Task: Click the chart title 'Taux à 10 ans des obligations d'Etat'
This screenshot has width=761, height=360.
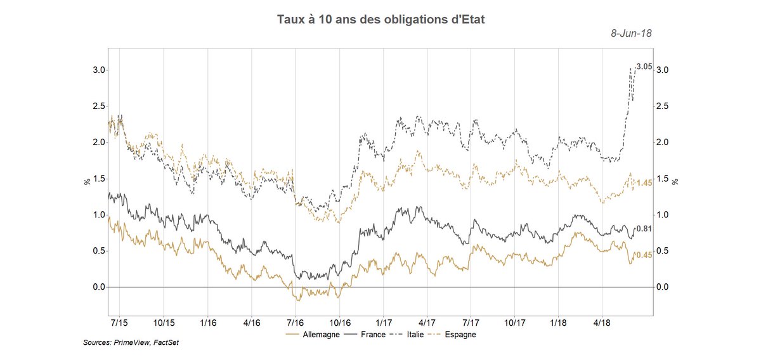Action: pyautogui.click(x=381, y=20)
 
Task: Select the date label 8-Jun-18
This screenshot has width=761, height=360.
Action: pyautogui.click(x=631, y=34)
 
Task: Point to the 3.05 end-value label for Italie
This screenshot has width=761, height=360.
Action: pyautogui.click(x=644, y=67)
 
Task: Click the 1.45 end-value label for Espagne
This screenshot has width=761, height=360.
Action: pyautogui.click(x=644, y=183)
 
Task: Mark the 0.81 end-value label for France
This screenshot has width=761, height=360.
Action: pyautogui.click(x=644, y=229)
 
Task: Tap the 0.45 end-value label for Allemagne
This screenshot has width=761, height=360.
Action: pyautogui.click(x=644, y=255)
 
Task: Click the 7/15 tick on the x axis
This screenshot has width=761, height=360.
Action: pyautogui.click(x=120, y=323)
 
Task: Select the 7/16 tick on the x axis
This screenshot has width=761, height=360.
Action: pyautogui.click(x=296, y=323)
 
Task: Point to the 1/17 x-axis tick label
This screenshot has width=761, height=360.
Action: pyautogui.click(x=382, y=323)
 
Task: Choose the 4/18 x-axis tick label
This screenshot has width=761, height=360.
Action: pyautogui.click(x=602, y=323)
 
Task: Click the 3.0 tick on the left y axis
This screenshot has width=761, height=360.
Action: pyautogui.click(x=97, y=70)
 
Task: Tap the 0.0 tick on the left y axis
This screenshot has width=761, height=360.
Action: pyautogui.click(x=97, y=287)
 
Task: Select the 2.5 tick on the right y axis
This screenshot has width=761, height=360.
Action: pyautogui.click(x=662, y=106)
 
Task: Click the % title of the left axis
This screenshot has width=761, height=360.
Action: pyautogui.click(x=87, y=181)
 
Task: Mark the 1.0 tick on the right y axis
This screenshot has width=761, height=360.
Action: pyautogui.click(x=662, y=215)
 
